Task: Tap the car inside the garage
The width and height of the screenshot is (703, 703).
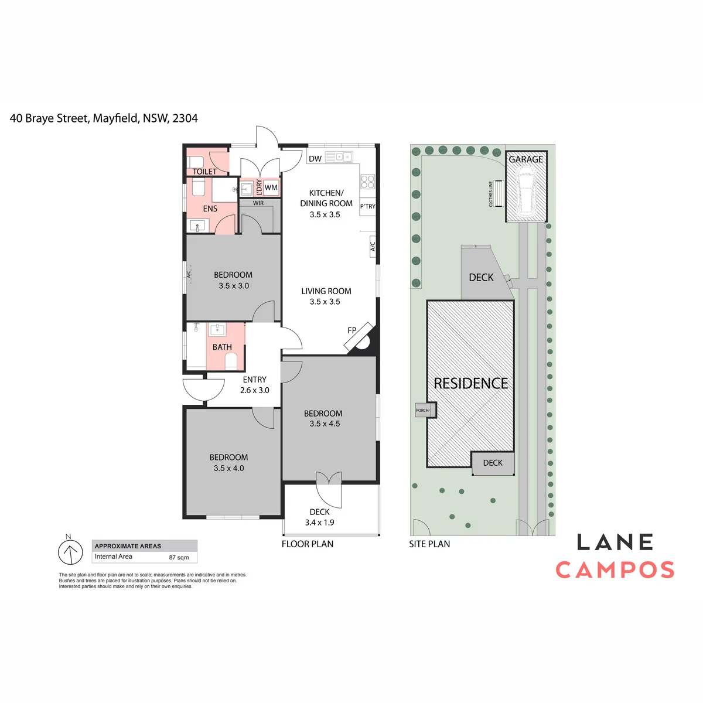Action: (525, 190)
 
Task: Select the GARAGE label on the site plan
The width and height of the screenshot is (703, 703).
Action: (525, 159)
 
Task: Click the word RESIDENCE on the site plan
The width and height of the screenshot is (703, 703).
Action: (470, 383)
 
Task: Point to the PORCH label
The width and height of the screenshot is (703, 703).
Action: (422, 410)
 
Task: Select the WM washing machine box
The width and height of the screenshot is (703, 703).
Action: (271, 187)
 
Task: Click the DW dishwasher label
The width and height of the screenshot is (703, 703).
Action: (315, 159)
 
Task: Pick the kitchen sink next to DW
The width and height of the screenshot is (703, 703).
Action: (339, 157)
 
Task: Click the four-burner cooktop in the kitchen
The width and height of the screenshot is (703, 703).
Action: (367, 182)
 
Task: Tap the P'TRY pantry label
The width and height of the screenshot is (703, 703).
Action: (368, 206)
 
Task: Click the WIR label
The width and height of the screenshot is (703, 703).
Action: (258, 203)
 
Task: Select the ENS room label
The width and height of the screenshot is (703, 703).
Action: (210, 209)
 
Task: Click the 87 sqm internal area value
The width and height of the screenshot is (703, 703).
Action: (179, 558)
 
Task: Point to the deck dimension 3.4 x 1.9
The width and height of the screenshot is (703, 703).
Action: (320, 523)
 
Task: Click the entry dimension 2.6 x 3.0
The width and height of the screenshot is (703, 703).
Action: (255, 390)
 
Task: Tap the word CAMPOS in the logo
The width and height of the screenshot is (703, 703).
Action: (615, 570)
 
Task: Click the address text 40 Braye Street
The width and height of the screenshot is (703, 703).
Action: (49, 118)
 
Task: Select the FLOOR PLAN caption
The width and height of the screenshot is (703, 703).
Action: (308, 544)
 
